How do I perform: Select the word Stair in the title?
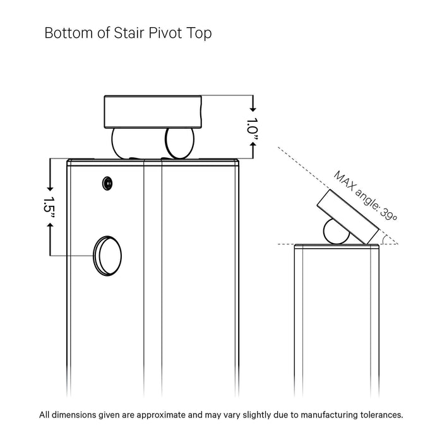tap(129, 33)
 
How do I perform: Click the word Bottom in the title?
tap(68, 33)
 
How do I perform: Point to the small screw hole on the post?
tap(107, 183)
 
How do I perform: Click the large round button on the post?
tap(107, 256)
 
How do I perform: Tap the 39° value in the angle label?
tap(388, 213)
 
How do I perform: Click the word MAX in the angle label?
tap(345, 181)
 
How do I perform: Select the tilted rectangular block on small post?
tap(348, 217)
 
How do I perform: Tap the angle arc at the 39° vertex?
tap(384, 239)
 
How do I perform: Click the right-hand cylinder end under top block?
tap(179, 142)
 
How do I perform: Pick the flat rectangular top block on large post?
tap(153, 112)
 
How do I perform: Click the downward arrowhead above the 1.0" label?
tap(253, 109)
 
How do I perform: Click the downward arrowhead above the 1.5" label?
tap(50, 189)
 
